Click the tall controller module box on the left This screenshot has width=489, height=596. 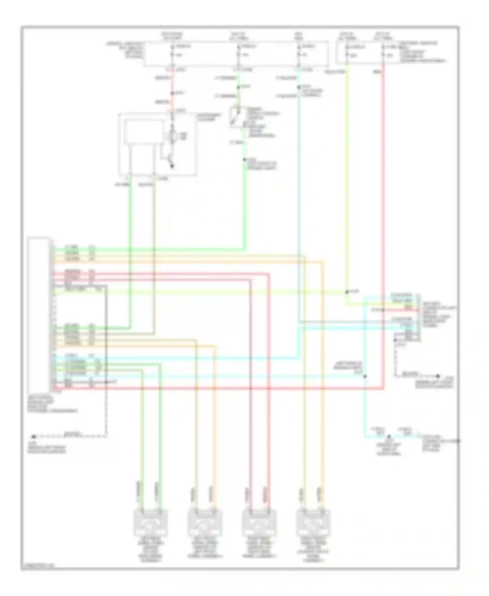click(39, 313)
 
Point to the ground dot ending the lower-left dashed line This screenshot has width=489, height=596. click(33, 437)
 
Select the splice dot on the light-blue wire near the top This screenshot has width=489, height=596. click(299, 87)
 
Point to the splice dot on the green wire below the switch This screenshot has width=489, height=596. click(244, 160)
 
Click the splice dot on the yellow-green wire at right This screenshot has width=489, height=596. click(347, 292)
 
